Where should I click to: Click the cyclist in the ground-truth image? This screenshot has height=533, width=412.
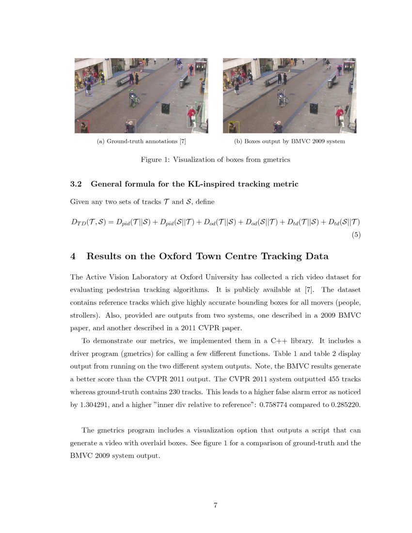pos(134,98)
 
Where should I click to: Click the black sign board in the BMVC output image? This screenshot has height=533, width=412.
pos(314,108)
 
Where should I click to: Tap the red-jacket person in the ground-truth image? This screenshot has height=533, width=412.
pos(192,115)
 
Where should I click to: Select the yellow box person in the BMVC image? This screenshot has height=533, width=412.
pos(235,127)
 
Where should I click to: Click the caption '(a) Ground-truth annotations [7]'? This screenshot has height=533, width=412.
pos(142,141)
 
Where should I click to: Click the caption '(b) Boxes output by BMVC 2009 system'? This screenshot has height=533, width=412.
pos(289,141)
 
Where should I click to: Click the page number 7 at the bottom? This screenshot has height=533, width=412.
pos(215,506)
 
